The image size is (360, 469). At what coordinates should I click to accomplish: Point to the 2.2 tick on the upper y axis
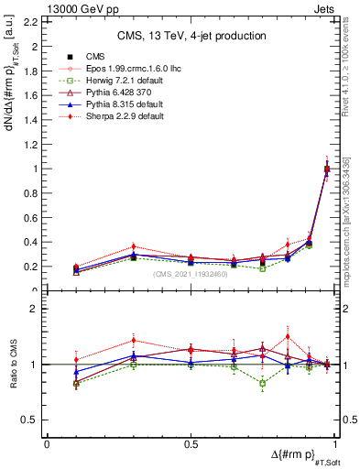[33, 22]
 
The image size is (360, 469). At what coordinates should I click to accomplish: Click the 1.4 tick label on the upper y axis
[33, 120]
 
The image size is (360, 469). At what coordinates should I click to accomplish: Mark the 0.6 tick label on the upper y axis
[33, 218]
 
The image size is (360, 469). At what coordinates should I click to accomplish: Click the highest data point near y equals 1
[327, 168]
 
